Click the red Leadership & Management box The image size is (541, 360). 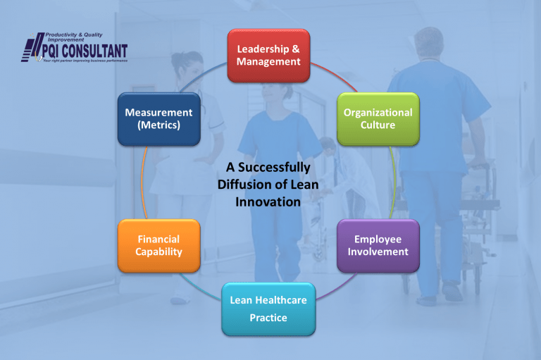coord(268,56)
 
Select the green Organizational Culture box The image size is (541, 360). coord(378,119)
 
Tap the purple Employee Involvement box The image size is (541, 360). coord(378,246)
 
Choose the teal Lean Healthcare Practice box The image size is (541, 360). coord(268,309)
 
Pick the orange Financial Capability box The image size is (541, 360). coord(159,246)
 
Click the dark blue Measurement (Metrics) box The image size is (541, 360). coord(159,119)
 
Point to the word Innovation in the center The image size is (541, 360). coord(268,202)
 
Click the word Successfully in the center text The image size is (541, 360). coord(274,168)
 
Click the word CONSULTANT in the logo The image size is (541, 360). coord(95,51)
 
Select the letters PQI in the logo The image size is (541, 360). coord(51,51)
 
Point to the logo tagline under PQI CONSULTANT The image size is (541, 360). coord(85,61)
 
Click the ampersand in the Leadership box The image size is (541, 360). coord(296,49)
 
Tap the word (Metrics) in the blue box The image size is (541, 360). coord(159,125)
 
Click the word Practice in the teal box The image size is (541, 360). coord(268,318)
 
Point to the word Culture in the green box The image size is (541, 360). coord(378,125)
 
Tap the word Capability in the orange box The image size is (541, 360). coord(158,252)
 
